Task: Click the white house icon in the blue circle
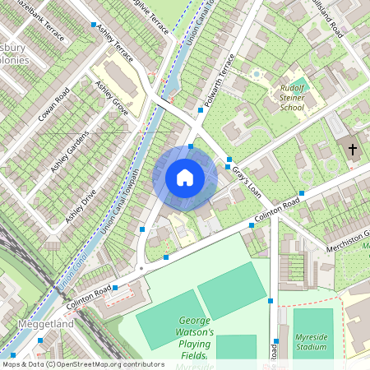click(x=185, y=178)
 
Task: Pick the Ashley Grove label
click(x=111, y=97)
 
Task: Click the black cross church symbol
click(x=353, y=150)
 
